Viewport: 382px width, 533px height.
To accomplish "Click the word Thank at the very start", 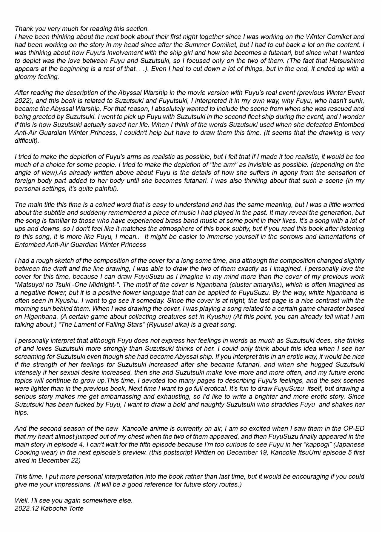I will pyautogui.click(x=23, y=29).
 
